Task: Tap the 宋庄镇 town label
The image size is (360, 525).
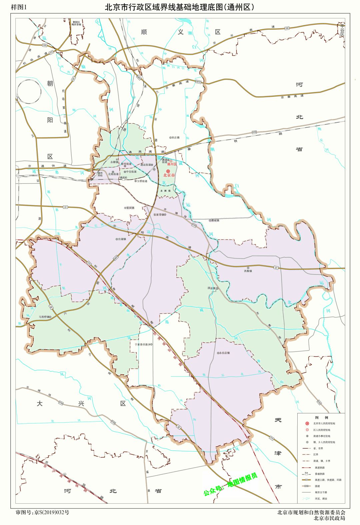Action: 175,137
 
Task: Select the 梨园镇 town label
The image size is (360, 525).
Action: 130,208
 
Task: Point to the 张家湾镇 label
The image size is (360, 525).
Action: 159,215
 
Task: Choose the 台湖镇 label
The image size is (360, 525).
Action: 121,239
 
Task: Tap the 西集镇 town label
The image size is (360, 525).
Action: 248,271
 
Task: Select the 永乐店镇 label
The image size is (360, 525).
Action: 225,353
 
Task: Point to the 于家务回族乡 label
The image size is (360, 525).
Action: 142,344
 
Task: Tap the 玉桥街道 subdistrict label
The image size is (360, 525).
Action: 142,181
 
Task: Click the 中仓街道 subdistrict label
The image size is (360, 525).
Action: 131,172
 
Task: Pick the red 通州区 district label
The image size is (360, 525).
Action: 172,164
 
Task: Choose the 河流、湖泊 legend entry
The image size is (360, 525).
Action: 321,499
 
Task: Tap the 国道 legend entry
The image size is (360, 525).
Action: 317,486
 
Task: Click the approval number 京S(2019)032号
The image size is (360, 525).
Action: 52,512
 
